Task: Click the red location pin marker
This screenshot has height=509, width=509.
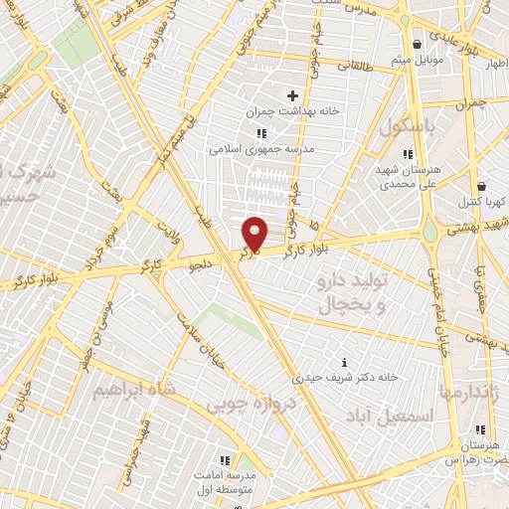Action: pos(255,235)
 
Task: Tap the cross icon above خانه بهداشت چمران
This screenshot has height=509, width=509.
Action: pos(292,96)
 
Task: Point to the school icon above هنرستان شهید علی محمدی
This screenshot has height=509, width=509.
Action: pos(379,152)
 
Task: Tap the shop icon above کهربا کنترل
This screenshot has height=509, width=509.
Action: pos(482,186)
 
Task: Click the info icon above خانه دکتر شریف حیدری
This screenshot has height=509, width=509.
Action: pos(344,362)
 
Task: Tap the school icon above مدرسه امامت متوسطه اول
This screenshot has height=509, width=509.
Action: pos(225,460)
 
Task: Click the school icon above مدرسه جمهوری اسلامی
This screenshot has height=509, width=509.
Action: pos(261,133)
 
